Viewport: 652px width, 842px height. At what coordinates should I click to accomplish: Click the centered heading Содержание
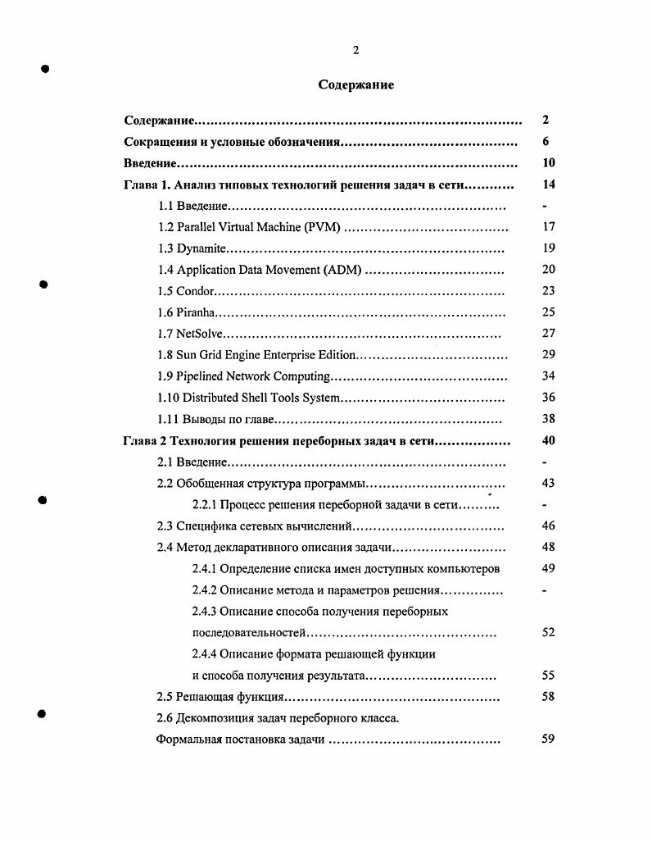coord(356,85)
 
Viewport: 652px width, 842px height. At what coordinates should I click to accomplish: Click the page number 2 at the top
coord(356,50)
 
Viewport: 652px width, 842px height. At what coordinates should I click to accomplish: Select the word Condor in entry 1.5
coord(197,291)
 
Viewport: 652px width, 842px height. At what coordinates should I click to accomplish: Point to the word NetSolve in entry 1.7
coord(200,334)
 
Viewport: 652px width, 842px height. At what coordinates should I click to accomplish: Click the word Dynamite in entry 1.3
coord(201,248)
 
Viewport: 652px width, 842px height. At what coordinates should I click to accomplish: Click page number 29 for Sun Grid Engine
coord(549,355)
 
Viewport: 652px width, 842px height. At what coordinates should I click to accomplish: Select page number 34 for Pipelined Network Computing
coord(549,376)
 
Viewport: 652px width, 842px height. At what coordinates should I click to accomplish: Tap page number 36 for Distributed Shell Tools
coord(549,398)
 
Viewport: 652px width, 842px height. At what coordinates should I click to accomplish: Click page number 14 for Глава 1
coord(549,184)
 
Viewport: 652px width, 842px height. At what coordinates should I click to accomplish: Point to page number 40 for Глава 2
coord(549,440)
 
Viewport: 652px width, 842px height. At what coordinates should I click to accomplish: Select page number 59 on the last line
coord(549,739)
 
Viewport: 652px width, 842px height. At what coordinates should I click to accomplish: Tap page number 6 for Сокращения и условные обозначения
coord(546,142)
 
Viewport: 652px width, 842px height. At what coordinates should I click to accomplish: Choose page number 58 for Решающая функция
coord(549,697)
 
